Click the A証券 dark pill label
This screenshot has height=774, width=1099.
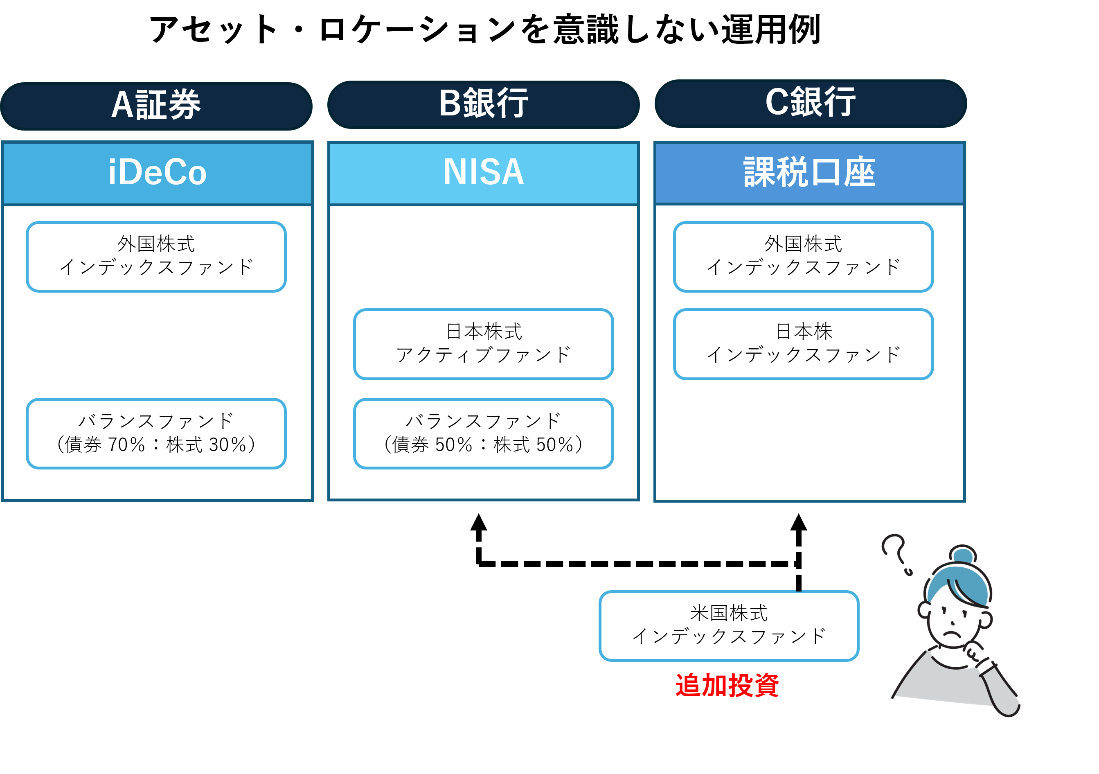point(157,106)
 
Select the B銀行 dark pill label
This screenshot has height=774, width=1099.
point(484,104)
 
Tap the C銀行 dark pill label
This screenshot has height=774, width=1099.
point(811,104)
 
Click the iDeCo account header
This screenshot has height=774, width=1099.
point(158,173)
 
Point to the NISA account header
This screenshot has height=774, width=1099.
point(484,173)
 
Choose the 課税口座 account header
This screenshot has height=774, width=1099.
point(809,173)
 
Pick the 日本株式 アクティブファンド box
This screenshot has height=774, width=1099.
point(484,344)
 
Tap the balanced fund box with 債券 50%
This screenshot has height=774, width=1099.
point(484,433)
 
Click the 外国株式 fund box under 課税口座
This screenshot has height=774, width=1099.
point(803,256)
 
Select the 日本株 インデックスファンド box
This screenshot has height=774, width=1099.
point(803,344)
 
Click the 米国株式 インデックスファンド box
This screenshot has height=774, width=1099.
point(729,626)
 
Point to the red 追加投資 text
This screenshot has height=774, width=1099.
point(727,685)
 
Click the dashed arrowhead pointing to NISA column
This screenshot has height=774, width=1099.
point(479,522)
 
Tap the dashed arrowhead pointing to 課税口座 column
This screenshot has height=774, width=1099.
point(798,522)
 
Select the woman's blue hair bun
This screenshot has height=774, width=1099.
point(963,555)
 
